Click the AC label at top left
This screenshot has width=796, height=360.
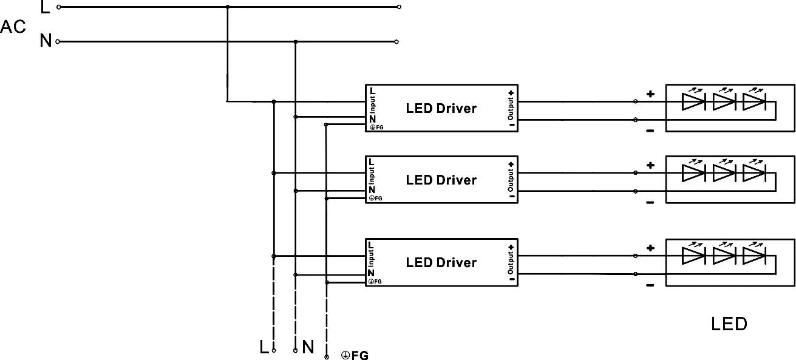[13, 27]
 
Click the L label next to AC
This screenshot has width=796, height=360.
[45, 8]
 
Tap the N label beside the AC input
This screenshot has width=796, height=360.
[46, 41]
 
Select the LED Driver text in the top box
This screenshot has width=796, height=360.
[441, 109]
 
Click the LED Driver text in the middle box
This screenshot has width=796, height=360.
[441, 180]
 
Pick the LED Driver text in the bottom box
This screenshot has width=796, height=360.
[441, 263]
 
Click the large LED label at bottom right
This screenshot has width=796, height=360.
[729, 324]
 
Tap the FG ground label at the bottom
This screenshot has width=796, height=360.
[355, 356]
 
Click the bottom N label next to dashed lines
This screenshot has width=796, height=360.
[308, 347]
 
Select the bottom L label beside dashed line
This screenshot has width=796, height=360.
[264, 347]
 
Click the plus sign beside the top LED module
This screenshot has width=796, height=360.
[650, 94]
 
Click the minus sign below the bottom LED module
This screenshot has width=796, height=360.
[650, 285]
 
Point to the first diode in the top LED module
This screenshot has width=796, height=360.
[693, 101]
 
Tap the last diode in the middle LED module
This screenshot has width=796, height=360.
[753, 173]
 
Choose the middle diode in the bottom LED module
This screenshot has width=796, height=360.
[723, 256]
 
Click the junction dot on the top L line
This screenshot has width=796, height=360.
[228, 7]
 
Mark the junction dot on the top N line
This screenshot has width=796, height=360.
[295, 42]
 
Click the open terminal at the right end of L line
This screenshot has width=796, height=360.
[399, 7]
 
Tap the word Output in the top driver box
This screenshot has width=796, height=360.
[511, 109]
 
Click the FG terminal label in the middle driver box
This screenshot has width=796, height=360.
[376, 198]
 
